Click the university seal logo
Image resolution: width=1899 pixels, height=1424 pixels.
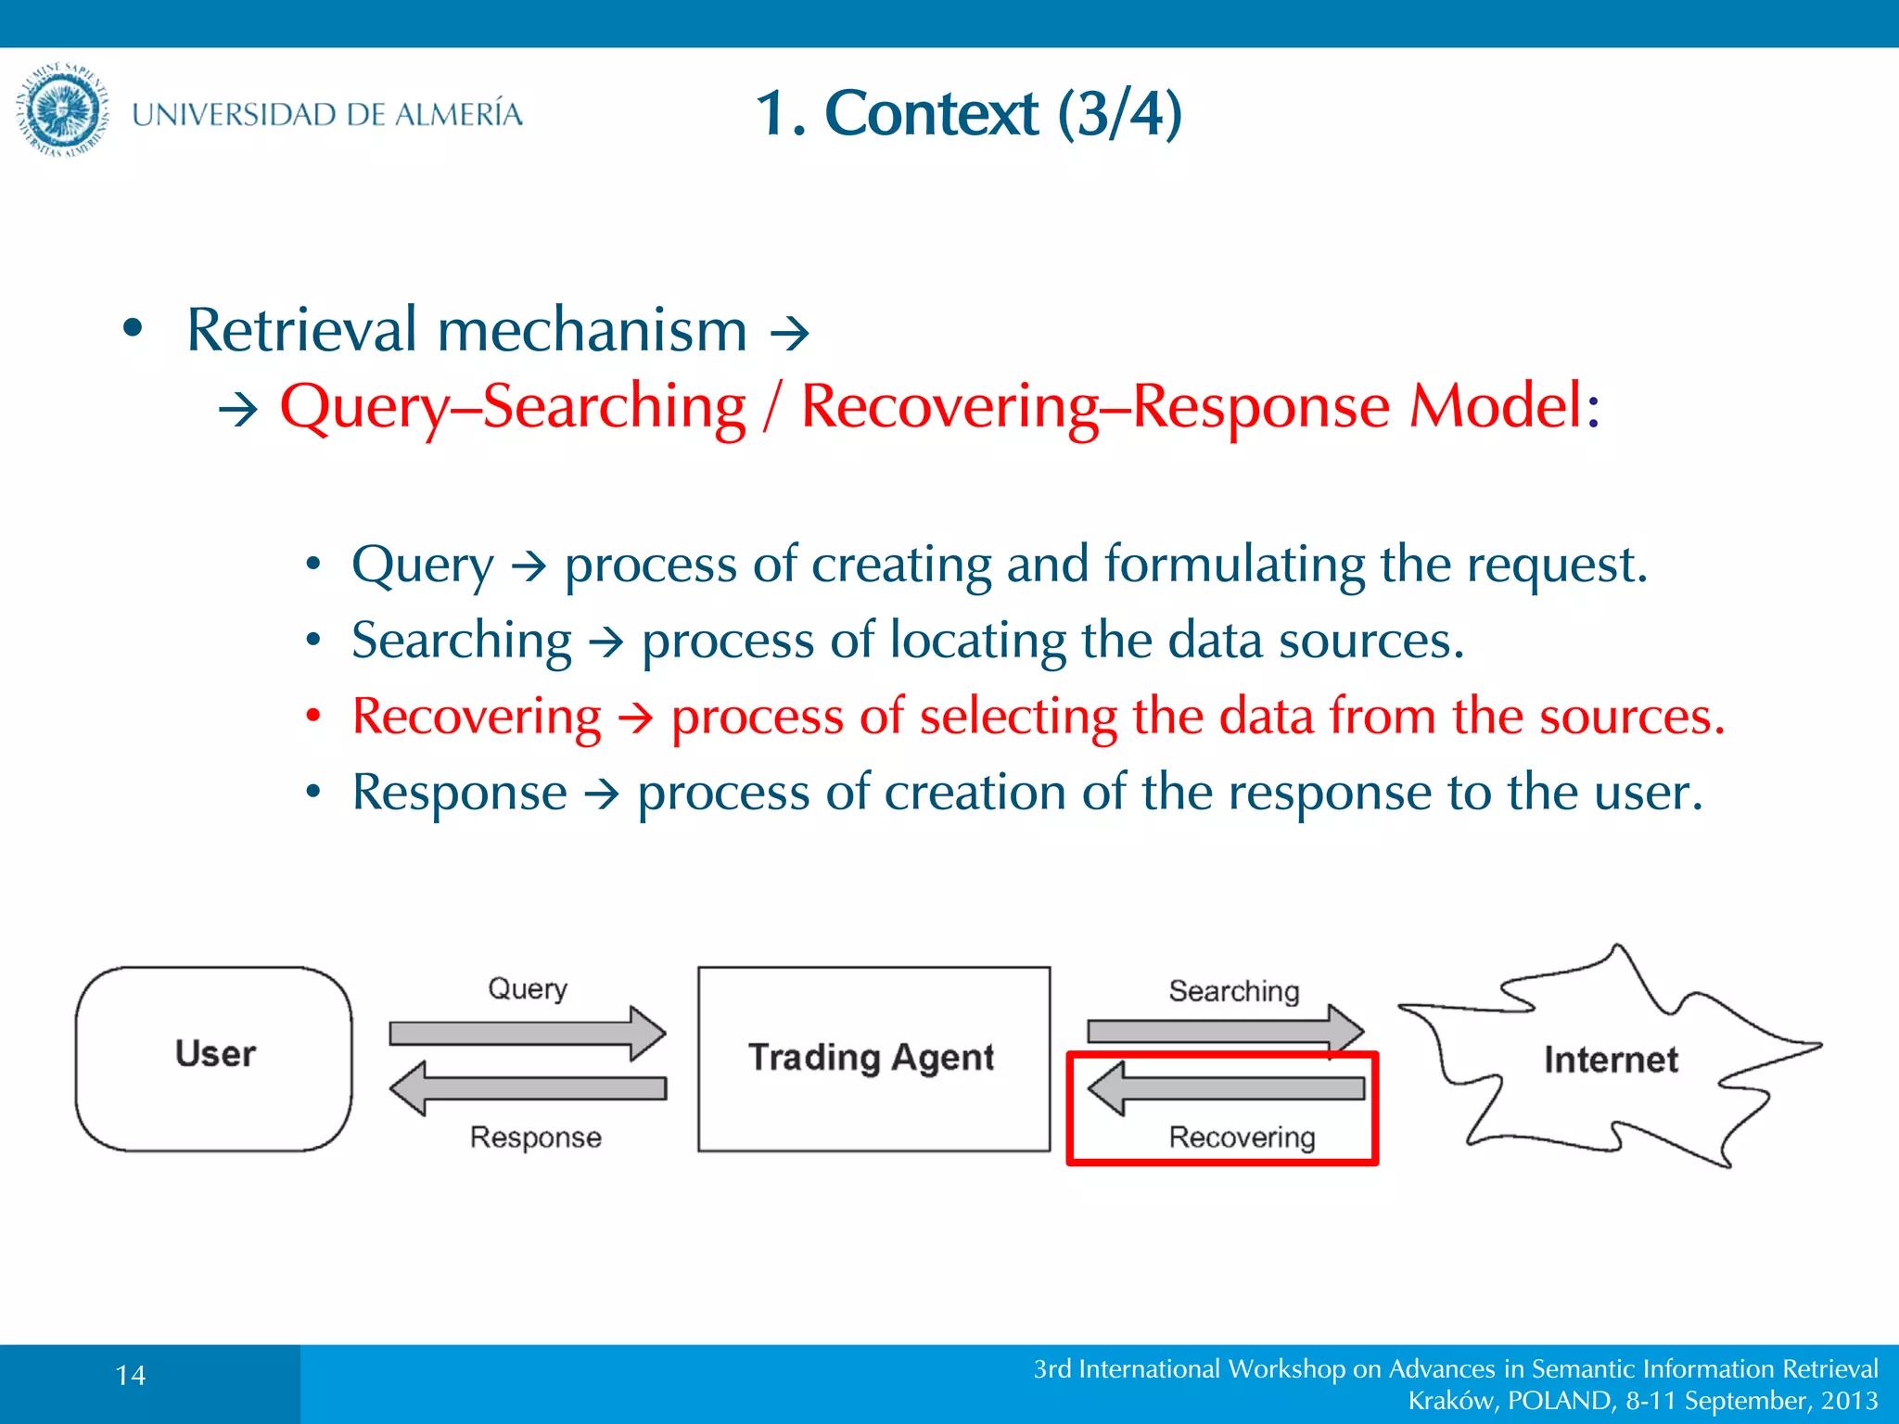[x=63, y=111]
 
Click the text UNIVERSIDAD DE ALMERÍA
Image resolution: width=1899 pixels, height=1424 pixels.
[x=326, y=115]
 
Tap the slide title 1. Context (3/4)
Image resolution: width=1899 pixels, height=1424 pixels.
[x=968, y=113]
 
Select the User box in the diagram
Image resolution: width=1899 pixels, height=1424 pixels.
[x=214, y=1058]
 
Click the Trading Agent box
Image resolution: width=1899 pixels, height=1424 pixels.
[x=873, y=1058]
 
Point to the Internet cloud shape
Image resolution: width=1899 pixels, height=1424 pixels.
[x=1610, y=1059]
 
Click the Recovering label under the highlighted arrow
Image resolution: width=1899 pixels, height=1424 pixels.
[x=1242, y=1138]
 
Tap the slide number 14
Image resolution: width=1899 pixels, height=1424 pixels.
[x=131, y=1375]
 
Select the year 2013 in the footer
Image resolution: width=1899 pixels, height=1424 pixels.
[x=1849, y=1401]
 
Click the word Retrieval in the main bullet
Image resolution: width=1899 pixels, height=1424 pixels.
[x=302, y=330]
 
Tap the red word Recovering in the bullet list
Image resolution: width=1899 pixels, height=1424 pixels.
[x=477, y=717]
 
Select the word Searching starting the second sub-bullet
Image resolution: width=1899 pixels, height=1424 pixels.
[x=462, y=641]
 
